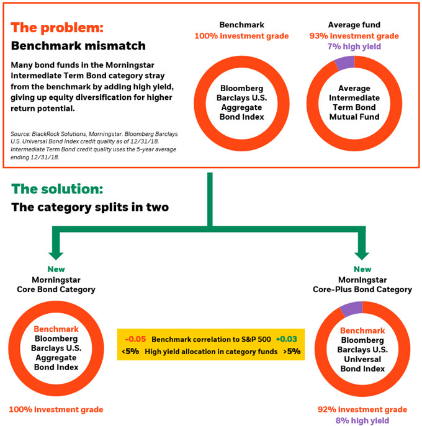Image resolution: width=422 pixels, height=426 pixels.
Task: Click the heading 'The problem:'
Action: coord(57,28)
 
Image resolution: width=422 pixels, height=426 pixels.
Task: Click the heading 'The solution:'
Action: coord(57,189)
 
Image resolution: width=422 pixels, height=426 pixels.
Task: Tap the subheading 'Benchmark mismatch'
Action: coord(78,46)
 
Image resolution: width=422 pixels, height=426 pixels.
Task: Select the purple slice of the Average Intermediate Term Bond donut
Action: coord(345,63)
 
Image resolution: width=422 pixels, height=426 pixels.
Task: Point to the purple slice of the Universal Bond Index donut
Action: coord(352,309)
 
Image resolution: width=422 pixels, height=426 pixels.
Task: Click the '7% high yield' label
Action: coord(354,47)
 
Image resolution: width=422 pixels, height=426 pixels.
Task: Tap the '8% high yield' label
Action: coord(362,420)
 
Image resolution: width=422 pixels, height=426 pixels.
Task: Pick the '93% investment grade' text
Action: coord(354,36)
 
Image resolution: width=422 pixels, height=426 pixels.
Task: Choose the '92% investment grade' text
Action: coord(362,409)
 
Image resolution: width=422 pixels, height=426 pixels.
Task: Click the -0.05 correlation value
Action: coord(135,339)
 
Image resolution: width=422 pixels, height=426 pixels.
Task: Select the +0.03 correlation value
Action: coord(287,339)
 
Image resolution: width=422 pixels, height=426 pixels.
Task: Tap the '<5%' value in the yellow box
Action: coord(130,352)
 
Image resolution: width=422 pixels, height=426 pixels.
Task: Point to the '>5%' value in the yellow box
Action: coord(292,352)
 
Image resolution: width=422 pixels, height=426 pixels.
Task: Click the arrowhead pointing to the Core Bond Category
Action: coord(56,255)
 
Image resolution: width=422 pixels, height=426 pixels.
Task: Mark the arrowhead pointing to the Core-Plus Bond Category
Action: coord(362,255)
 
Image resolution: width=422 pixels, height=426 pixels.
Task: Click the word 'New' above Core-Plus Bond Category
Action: coord(362,269)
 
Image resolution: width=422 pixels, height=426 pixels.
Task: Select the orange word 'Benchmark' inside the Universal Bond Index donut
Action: coord(362,331)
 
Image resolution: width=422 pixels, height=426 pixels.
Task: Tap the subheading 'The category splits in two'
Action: coord(90,207)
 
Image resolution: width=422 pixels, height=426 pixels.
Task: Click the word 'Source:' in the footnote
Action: coord(20,134)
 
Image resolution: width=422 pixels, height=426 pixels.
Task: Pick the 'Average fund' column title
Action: coord(354,25)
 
